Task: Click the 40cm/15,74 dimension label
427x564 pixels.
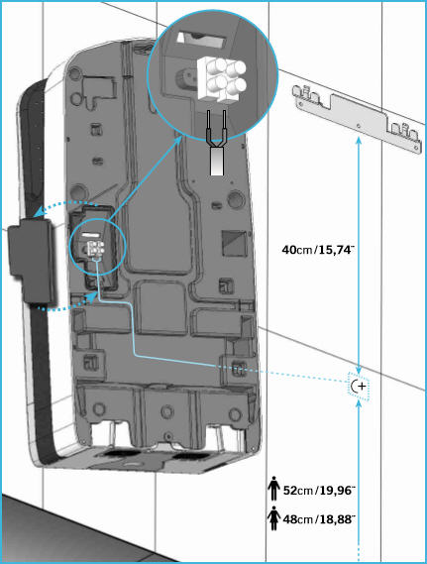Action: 318,249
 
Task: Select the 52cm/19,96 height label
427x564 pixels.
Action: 319,490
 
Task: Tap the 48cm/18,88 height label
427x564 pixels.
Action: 319,519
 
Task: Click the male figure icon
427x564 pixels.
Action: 273,488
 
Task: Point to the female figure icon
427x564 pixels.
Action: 273,518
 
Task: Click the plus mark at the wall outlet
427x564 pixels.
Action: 362,387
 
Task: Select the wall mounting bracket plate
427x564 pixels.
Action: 359,119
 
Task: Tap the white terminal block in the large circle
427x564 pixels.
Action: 221,78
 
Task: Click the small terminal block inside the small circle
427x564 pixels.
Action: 96,248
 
